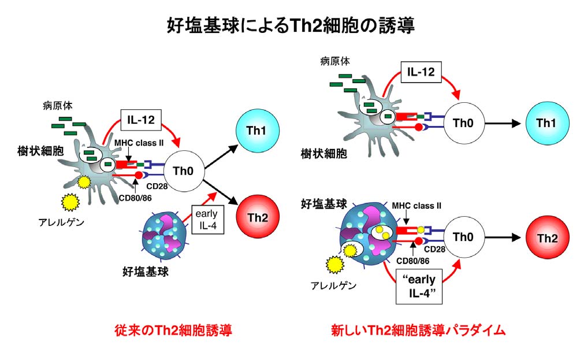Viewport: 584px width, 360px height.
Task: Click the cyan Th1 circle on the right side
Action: pyautogui.click(x=547, y=123)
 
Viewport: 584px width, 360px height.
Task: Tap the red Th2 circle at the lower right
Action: pyautogui.click(x=547, y=238)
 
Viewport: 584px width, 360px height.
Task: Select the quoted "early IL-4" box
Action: pyautogui.click(x=419, y=285)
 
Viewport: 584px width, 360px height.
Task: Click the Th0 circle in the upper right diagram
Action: pyautogui.click(x=464, y=123)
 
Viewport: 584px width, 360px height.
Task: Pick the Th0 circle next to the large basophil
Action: pyautogui.click(x=464, y=237)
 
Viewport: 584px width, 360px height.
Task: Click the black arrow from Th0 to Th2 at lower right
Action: pyautogui.click(x=503, y=237)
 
